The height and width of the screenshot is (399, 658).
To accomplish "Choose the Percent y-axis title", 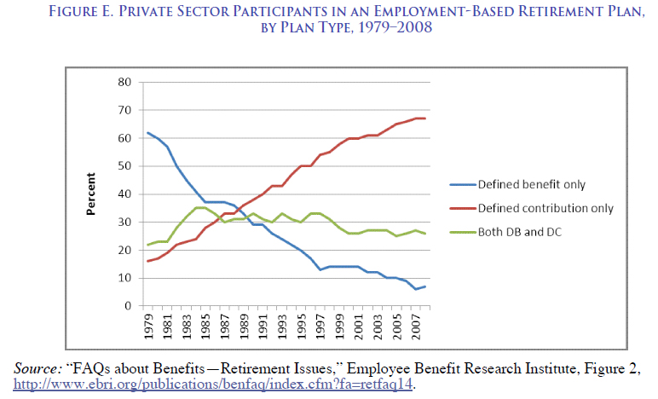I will click(x=91, y=194).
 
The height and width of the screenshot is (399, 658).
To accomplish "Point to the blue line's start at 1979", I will click(x=148, y=132).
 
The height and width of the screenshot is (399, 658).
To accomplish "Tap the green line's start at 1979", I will click(x=148, y=245).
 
